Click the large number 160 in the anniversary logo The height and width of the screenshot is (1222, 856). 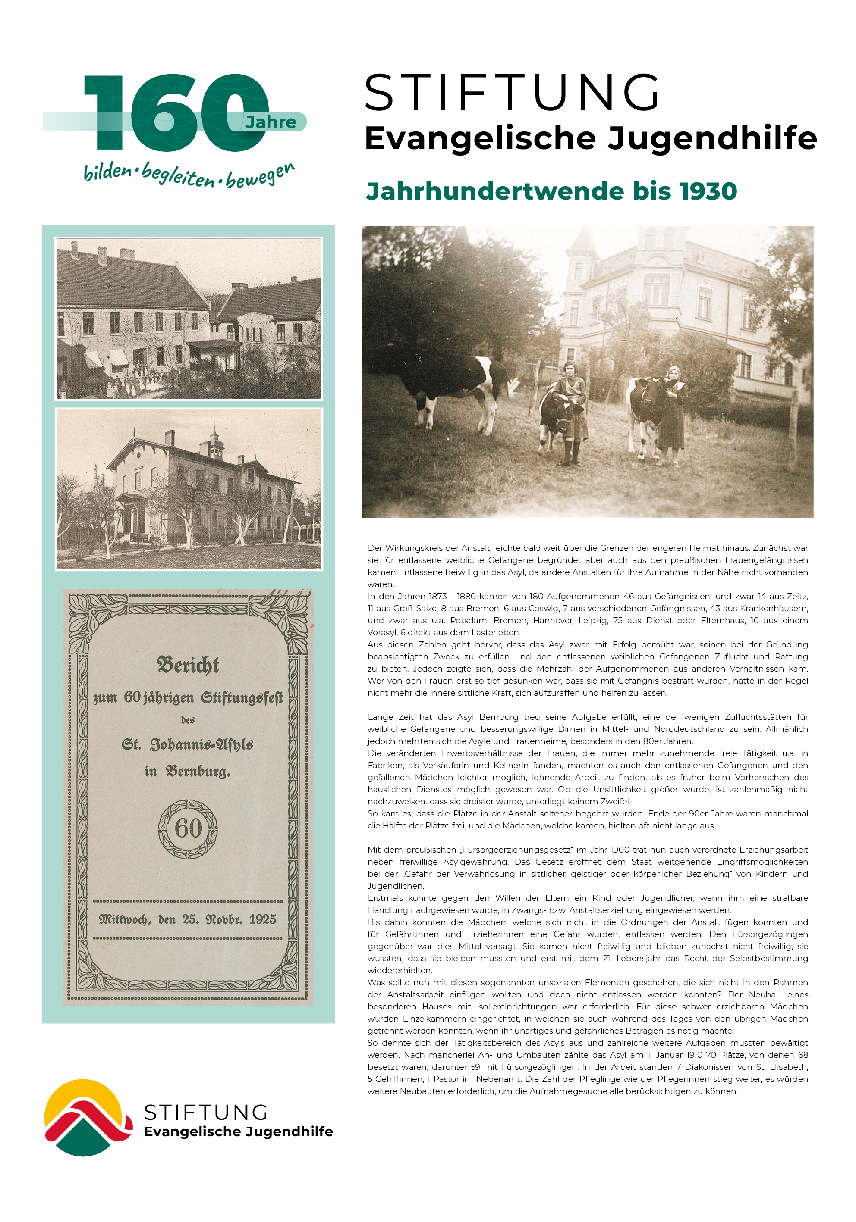[x=176, y=113]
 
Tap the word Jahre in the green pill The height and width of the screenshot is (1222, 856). [x=271, y=122]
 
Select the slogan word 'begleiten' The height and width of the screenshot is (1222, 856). [x=179, y=174]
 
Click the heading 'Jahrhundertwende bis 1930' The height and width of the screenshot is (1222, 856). [x=551, y=191]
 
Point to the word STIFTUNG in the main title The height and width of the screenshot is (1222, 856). [x=512, y=93]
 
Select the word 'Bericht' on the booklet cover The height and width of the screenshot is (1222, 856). [x=188, y=665]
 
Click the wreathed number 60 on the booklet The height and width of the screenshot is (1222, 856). [x=188, y=829]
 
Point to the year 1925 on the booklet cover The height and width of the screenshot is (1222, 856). [x=262, y=919]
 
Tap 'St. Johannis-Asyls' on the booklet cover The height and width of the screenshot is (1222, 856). [x=188, y=744]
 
